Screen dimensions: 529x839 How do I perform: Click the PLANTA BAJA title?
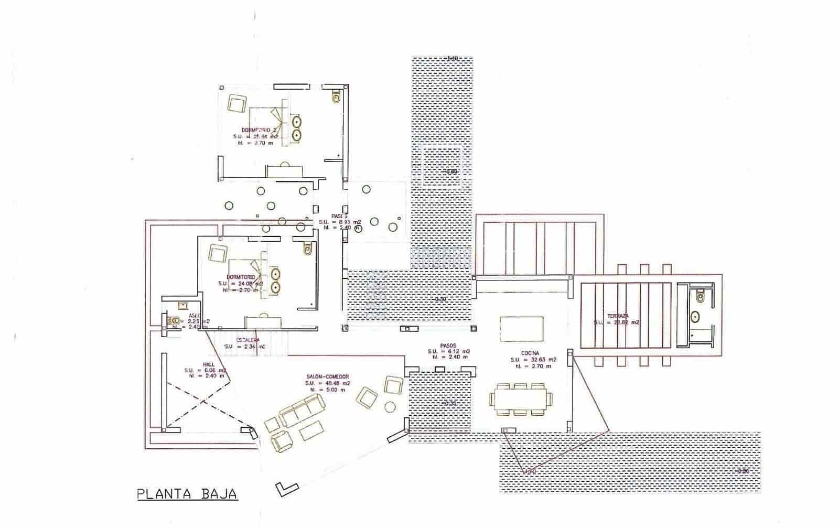pos(187,494)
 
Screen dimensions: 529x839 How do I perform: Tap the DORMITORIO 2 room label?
pos(255,129)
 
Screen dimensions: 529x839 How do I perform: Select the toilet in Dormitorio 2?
pos(336,98)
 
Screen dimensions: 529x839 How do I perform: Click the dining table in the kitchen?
pos(521,399)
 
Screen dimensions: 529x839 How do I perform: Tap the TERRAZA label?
pos(618,316)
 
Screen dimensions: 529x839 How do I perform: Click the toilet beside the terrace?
pos(700,297)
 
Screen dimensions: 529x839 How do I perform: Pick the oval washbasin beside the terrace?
pos(695,317)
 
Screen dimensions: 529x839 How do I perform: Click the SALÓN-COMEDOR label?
pos(328,376)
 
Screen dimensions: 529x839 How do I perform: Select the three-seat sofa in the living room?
pos(302,411)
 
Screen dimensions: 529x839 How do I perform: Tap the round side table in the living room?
pos(391,407)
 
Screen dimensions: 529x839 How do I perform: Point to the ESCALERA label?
pos(241,340)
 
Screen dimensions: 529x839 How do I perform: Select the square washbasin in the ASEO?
pos(183,305)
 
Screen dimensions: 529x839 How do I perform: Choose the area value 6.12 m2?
pos(449,351)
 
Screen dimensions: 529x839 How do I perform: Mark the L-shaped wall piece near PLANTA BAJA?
pos(285,489)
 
